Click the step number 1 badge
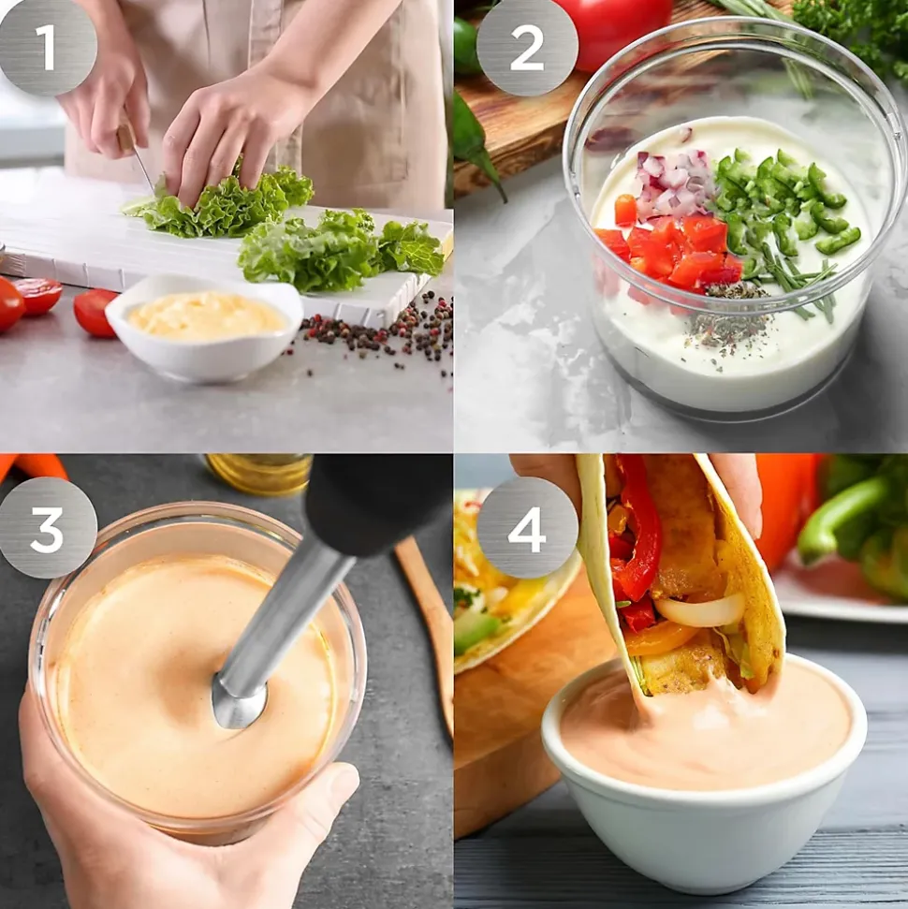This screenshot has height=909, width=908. tap(47, 47)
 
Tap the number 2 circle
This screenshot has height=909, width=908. tap(526, 47)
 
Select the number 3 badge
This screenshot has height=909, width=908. tap(47, 527)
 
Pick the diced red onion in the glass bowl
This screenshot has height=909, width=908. tap(672, 182)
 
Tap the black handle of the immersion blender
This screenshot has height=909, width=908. tap(374, 506)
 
